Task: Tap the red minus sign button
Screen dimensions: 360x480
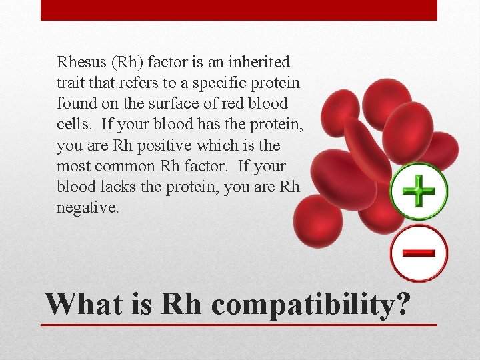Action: (x=419, y=253)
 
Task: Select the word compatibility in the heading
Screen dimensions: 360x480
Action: (x=303, y=305)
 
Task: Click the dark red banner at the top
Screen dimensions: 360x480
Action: (x=239, y=10)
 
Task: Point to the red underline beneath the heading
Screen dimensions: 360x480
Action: (x=239, y=325)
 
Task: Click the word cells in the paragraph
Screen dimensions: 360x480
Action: (x=71, y=125)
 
